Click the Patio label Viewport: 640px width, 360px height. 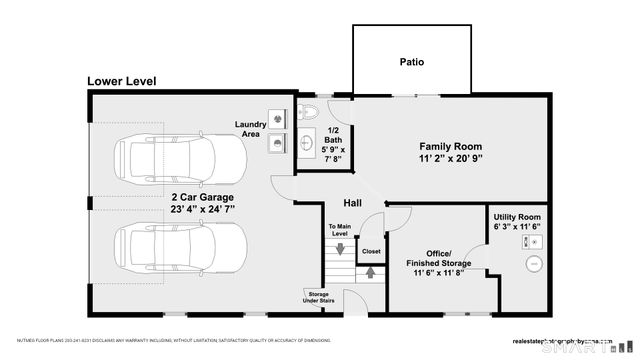coord(411,62)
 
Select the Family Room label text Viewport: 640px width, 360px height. coord(451,145)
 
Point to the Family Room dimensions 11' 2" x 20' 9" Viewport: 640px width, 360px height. coord(451,159)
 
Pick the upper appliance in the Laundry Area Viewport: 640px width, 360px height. coord(276,116)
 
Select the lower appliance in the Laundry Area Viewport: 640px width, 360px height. coord(276,144)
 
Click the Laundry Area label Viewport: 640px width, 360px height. coord(250,129)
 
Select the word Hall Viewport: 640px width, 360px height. coord(353,201)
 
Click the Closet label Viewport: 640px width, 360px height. coord(370,251)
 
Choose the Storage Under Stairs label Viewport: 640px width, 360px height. coord(317,298)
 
